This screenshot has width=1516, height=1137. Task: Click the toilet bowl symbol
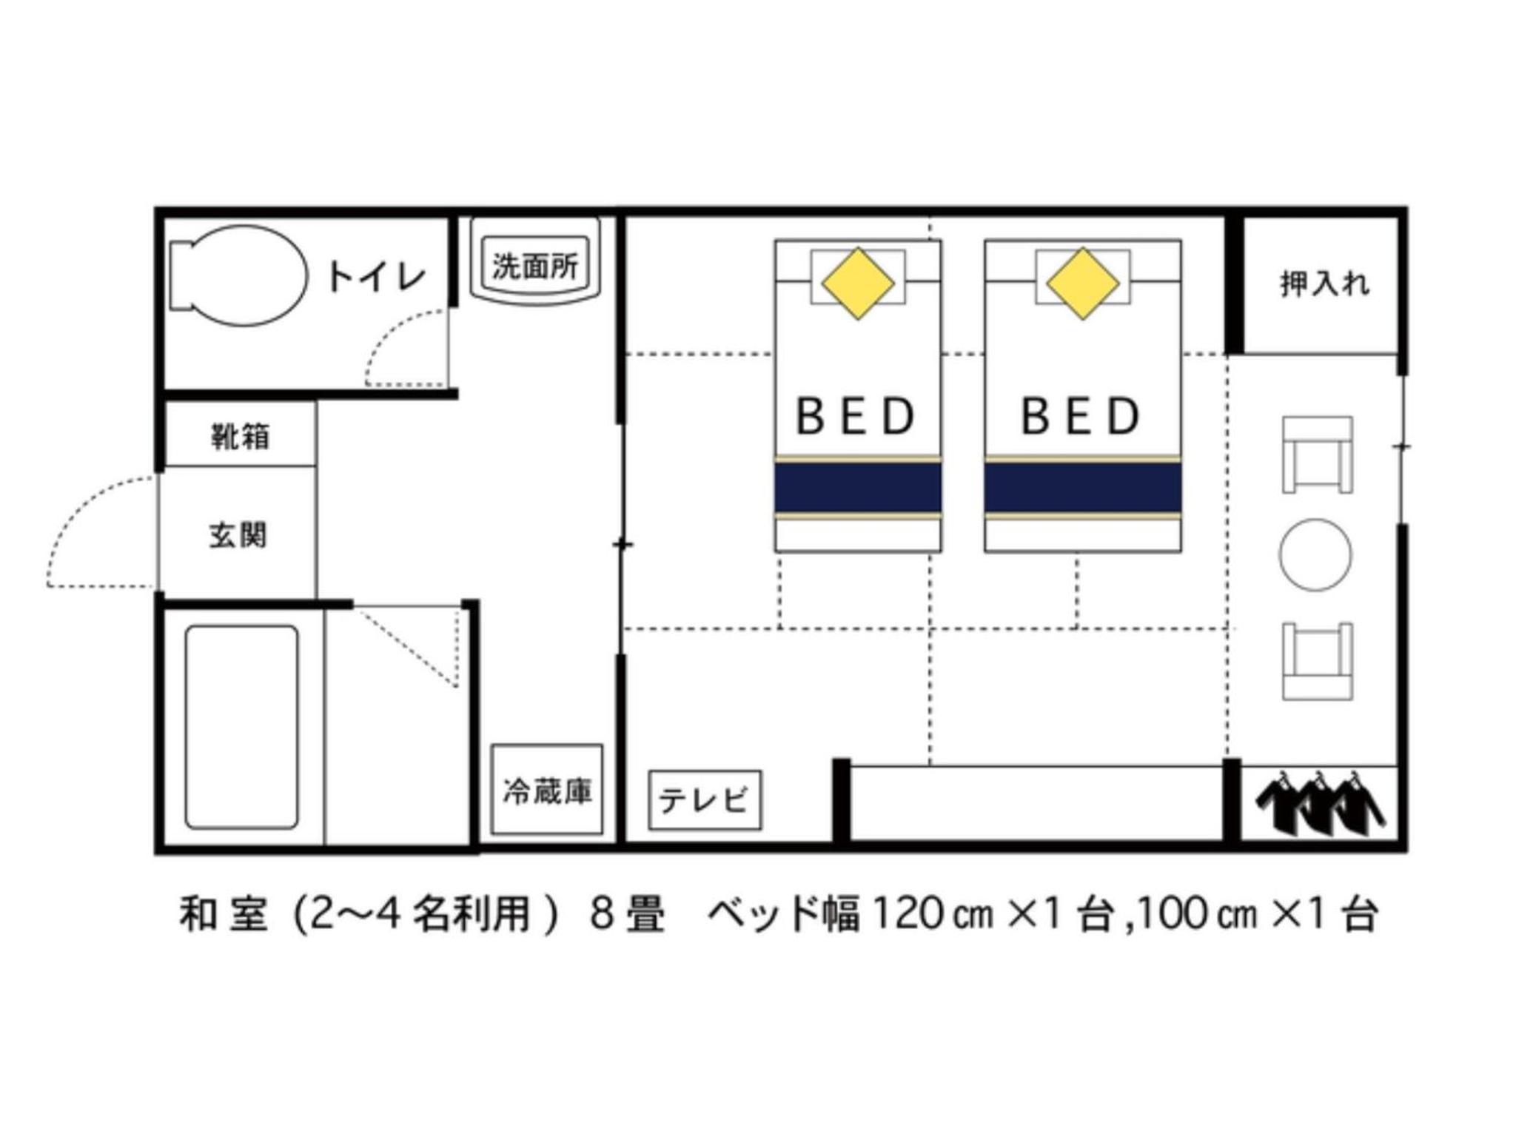coord(238,275)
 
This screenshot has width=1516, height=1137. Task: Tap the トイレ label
coord(376,277)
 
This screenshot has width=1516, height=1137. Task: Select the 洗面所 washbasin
coord(535,262)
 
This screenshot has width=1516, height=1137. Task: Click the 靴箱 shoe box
coord(241,435)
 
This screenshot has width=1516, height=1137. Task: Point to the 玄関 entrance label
coord(238,535)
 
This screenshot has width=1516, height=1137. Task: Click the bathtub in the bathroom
coord(241,727)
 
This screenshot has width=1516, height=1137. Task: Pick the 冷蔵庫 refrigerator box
coord(547,789)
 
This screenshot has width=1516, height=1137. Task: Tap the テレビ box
coord(705,800)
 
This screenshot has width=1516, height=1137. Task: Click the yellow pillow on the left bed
coord(857,284)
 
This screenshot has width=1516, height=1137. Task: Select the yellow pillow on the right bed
coord(1082,284)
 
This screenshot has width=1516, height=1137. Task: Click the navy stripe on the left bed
coord(858,487)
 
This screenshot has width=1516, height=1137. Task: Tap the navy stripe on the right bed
coord(1083,487)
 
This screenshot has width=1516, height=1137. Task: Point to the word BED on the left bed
coord(856,416)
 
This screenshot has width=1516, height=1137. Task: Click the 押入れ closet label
coord(1324,284)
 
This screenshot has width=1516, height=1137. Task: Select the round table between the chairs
coord(1315,555)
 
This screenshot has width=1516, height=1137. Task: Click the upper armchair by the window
coord(1318,455)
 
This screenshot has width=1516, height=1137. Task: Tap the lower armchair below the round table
coord(1318,661)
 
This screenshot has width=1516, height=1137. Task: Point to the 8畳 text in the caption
coord(628,914)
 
